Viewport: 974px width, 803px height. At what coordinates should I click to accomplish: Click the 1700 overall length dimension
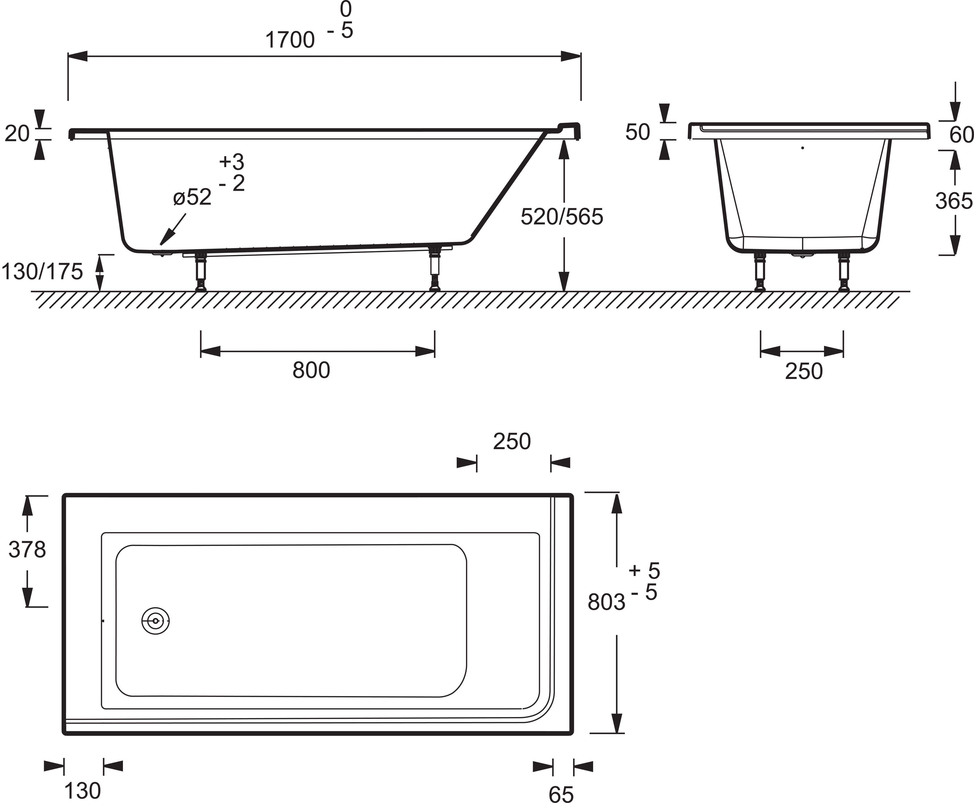tap(290, 40)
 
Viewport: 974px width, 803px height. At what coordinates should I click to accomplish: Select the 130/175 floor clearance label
tap(42, 272)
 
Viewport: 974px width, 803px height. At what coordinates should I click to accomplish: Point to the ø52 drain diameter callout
tap(192, 198)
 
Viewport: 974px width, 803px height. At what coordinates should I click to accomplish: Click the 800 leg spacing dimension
tap(311, 370)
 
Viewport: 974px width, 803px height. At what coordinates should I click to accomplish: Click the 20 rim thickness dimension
tap(17, 134)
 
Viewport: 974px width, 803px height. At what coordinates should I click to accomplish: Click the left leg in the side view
tap(201, 272)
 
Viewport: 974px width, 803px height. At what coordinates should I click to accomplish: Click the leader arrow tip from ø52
tap(160, 245)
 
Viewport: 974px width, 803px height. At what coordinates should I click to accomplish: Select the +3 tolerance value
tap(232, 162)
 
